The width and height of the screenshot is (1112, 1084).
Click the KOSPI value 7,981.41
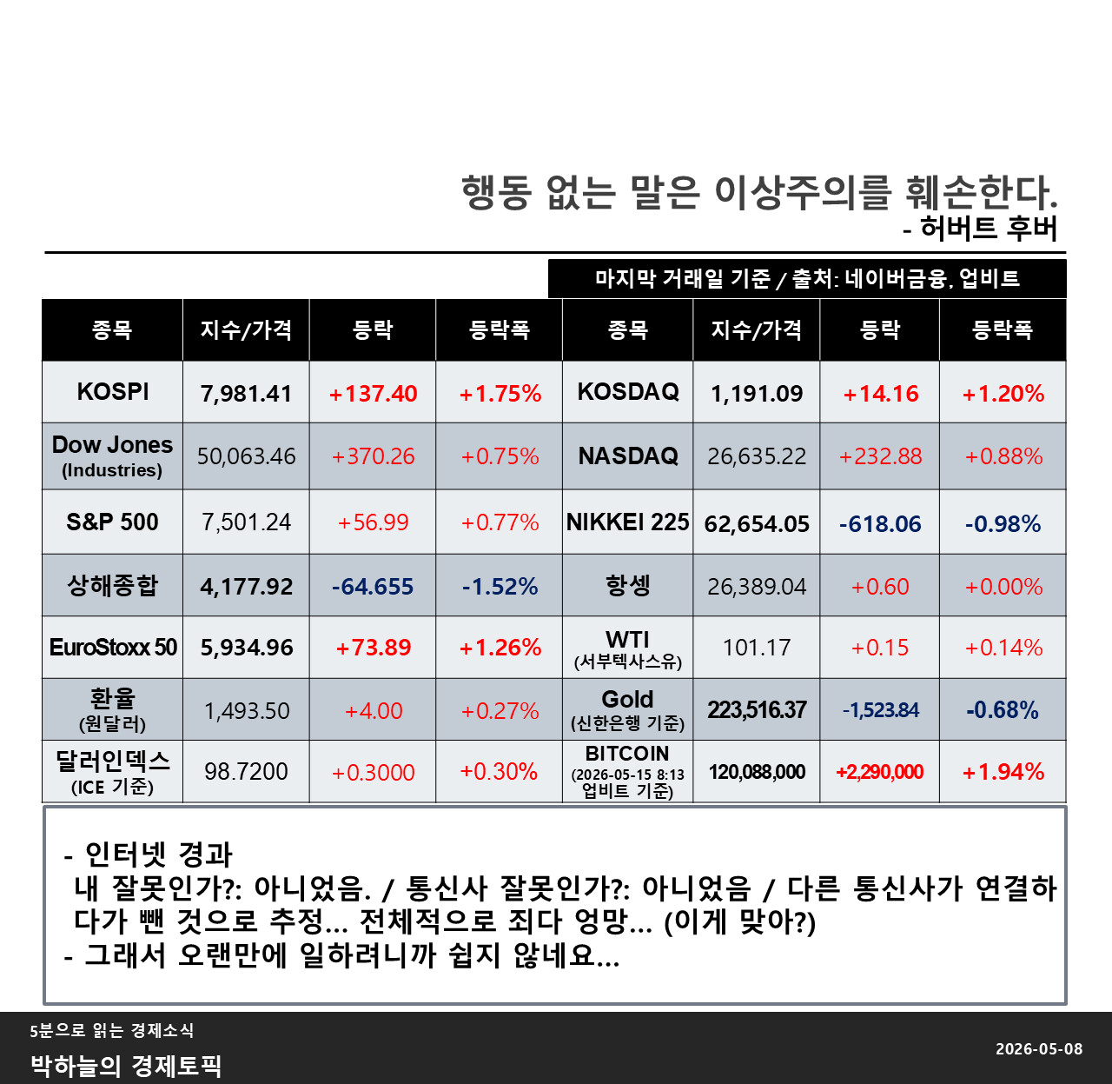click(246, 394)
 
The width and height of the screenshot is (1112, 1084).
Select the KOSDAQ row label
click(628, 392)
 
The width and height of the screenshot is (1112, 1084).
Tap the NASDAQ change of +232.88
click(880, 456)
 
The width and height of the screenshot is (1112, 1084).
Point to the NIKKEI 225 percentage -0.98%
click(1003, 523)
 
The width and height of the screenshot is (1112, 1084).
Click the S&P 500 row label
click(112, 522)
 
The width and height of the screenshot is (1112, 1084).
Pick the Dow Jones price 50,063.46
click(246, 456)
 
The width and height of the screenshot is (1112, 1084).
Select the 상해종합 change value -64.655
click(373, 587)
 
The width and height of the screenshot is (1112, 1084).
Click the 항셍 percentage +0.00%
click(1003, 587)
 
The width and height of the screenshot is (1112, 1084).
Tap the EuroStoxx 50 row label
click(113, 648)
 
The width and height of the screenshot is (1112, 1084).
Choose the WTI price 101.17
click(757, 648)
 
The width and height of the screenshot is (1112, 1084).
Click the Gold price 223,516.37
click(757, 710)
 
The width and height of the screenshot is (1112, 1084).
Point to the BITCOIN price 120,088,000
click(757, 772)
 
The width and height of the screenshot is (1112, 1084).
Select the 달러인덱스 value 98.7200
click(246, 772)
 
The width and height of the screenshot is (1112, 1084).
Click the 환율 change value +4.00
click(374, 711)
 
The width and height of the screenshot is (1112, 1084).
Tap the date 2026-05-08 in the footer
click(1039, 1049)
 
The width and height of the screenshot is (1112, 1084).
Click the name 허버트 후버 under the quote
click(989, 228)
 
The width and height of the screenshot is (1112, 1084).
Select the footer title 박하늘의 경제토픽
click(126, 1066)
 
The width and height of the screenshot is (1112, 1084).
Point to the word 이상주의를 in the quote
click(803, 192)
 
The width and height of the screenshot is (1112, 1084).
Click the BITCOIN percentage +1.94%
click(1003, 773)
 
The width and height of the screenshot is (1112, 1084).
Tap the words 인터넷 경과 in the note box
click(158, 855)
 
